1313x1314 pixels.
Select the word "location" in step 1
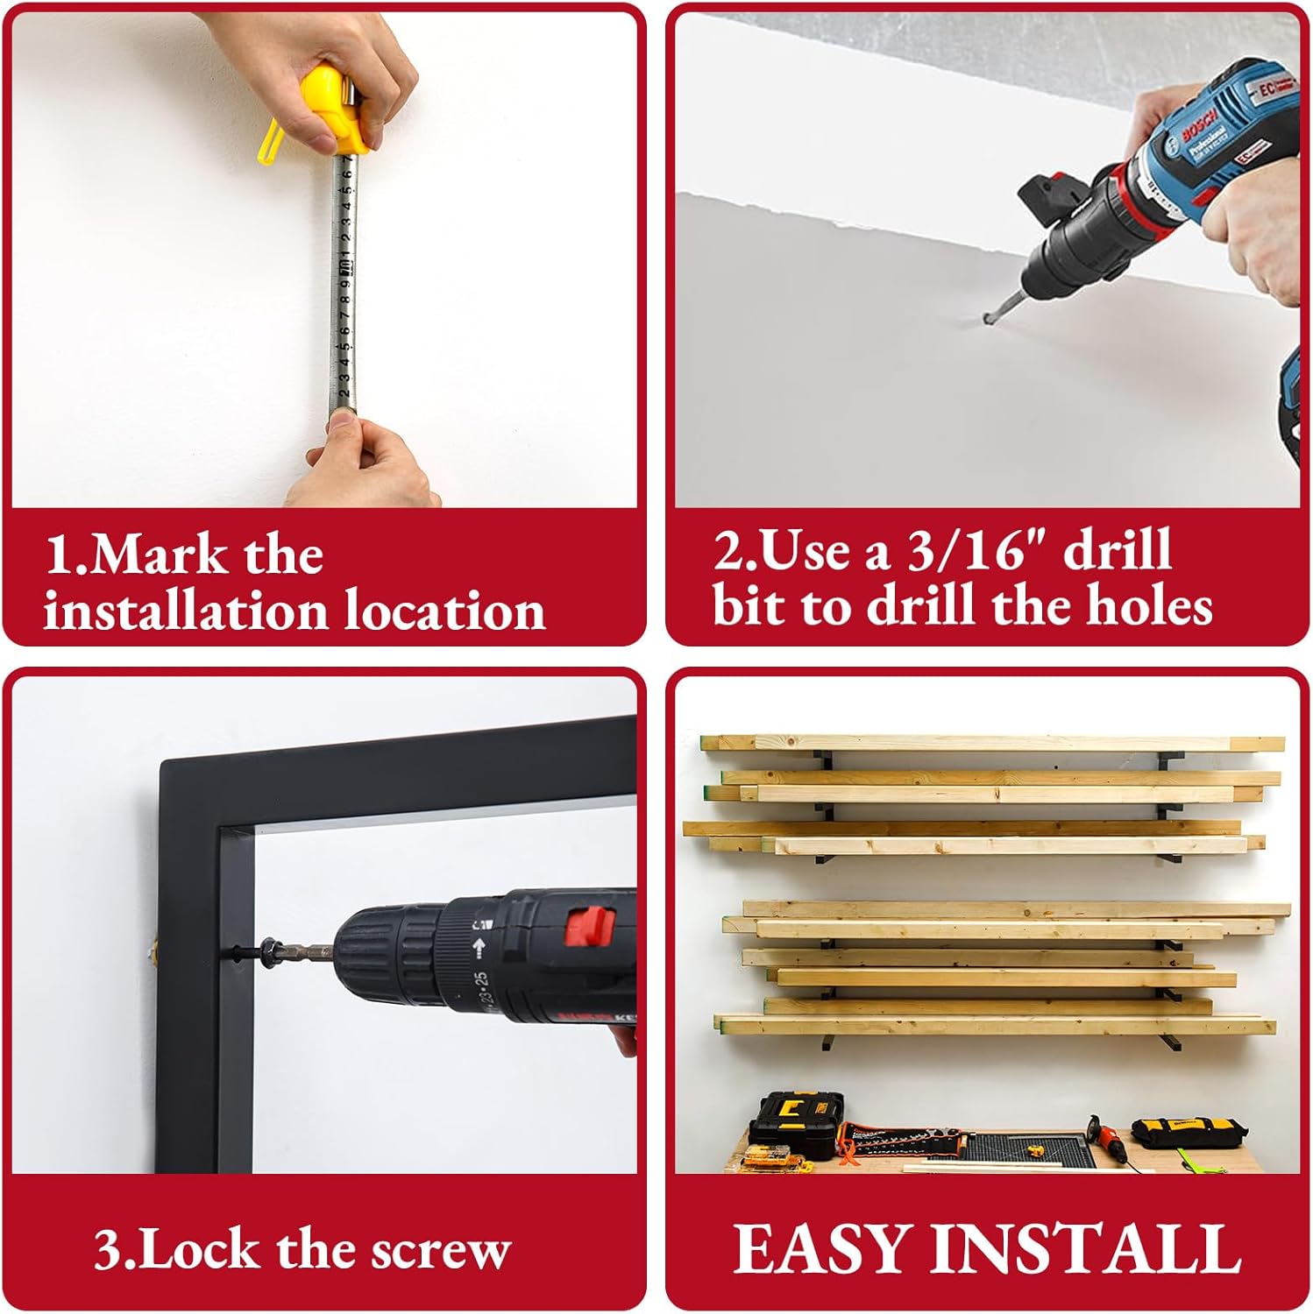pos(444,610)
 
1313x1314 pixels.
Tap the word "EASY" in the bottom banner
pos(820,1247)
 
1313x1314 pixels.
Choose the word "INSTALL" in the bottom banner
pos(1084,1247)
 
